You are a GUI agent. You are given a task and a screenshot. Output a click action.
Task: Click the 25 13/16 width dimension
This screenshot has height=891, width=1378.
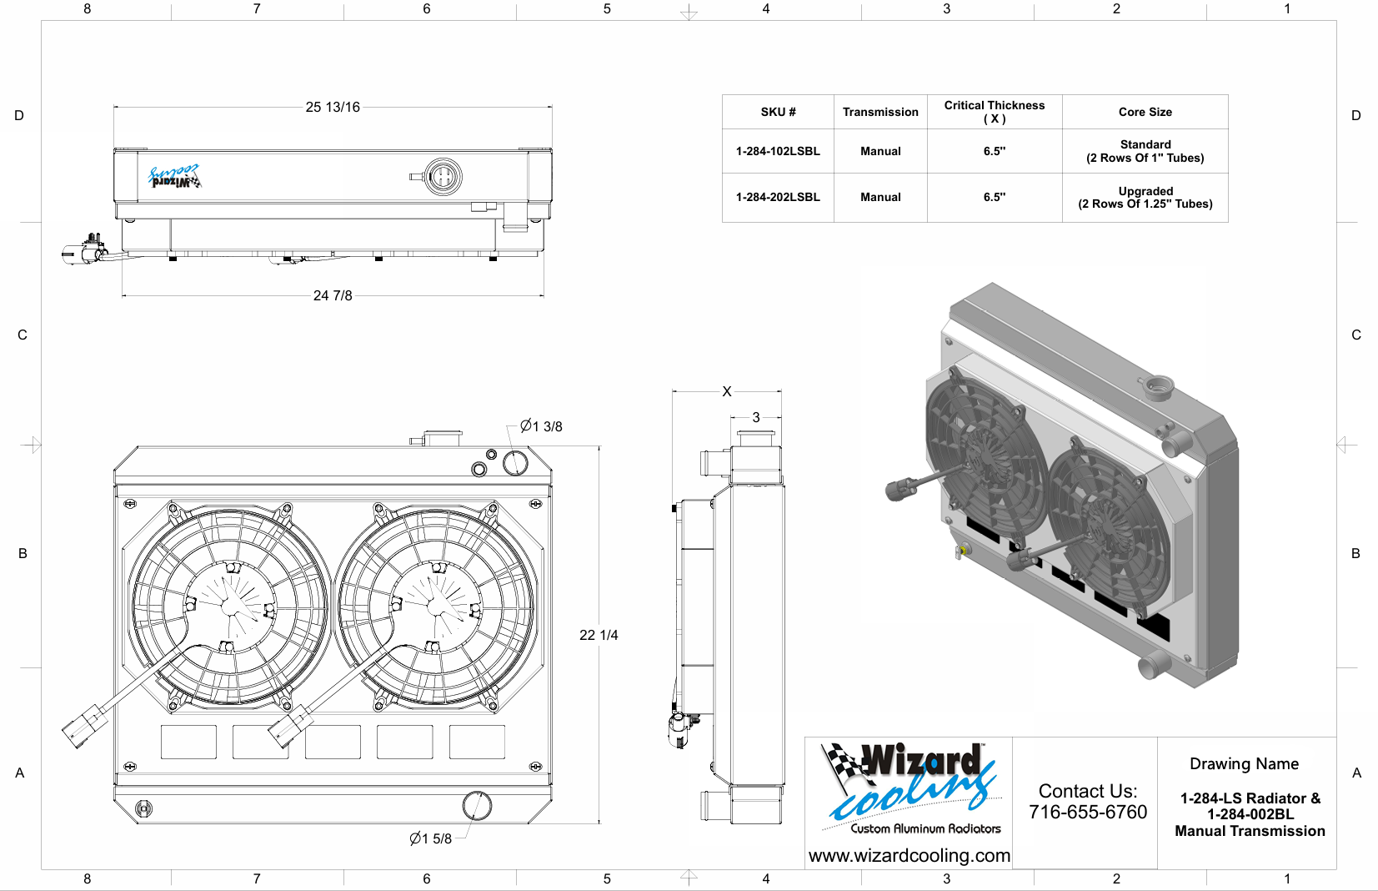(332, 107)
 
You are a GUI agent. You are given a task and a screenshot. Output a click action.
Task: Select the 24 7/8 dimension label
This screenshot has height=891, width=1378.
(332, 295)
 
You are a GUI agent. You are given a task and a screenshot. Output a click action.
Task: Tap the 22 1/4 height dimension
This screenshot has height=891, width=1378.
(599, 635)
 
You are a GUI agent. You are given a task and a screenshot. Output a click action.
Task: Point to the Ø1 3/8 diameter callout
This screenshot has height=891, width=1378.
(541, 426)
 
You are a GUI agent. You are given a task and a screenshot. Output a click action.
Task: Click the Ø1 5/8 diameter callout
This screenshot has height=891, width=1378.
(431, 838)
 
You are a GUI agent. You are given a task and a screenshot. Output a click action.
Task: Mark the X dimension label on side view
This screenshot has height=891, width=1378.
(727, 391)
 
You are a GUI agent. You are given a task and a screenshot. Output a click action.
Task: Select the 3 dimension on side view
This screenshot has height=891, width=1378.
(756, 417)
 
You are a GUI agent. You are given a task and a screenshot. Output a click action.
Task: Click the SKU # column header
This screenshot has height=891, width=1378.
(778, 112)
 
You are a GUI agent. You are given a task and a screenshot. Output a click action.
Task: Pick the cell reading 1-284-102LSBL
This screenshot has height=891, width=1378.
(778, 152)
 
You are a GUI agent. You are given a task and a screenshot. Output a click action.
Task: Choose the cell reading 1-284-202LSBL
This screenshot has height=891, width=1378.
(778, 197)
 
